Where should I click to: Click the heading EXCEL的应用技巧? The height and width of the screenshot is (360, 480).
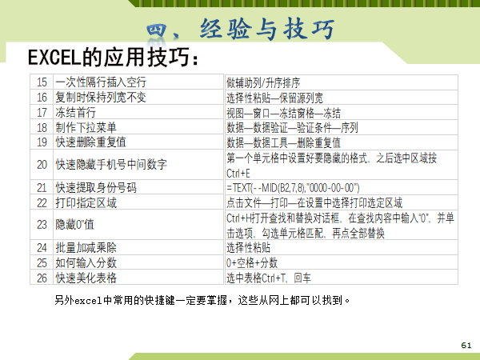pos(114,58)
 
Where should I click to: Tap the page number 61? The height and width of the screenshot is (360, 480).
pos(466,346)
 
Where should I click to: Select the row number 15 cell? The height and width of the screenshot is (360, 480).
pos(42,82)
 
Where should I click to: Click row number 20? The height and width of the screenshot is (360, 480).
pos(42,165)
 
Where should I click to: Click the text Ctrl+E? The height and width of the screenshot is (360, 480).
pos(238,174)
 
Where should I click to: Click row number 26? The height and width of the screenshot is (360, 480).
pos(42,278)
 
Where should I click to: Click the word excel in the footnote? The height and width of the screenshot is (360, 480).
pos(88,301)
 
